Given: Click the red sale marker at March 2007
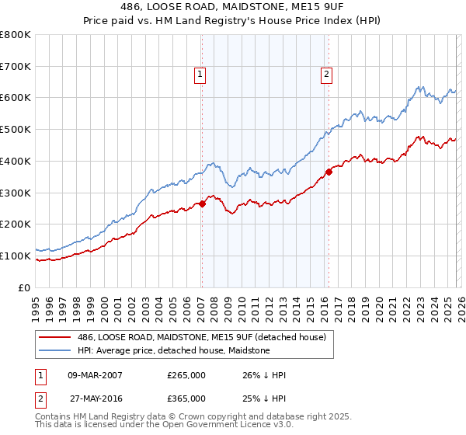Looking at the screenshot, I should (201, 204).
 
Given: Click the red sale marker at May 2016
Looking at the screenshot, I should (329, 172).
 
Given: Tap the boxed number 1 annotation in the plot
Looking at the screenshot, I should (200, 75).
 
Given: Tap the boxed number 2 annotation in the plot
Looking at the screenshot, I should (325, 75).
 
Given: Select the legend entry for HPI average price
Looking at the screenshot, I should (173, 350).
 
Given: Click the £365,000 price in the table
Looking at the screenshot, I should (186, 398).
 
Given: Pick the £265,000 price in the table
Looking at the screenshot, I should (186, 375).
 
